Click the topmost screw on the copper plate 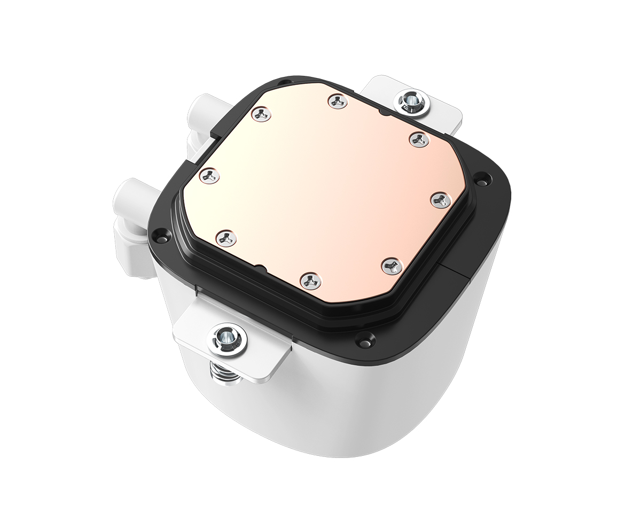(338, 101)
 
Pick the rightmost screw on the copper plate (441, 200)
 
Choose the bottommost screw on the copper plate (310, 280)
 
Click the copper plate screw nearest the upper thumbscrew (419, 139)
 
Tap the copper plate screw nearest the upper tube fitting (261, 113)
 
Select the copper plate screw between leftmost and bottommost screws (227, 237)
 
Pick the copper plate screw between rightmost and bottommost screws (392, 265)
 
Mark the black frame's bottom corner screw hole (365, 339)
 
